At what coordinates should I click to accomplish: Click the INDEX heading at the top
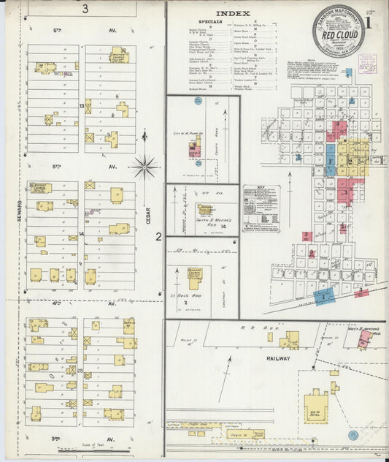pyautogui.click(x=234, y=13)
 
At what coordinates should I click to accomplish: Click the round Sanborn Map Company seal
pyautogui.click(x=338, y=31)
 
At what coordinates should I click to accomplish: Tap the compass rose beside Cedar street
pyautogui.click(x=145, y=167)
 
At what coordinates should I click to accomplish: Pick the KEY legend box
pyautogui.click(x=261, y=208)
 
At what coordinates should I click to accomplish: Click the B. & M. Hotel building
pyautogui.click(x=316, y=407)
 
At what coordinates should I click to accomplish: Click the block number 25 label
pyautogui.click(x=80, y=371)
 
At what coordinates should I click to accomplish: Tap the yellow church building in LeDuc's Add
pyautogui.click(x=195, y=277)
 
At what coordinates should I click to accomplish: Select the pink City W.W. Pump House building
pyautogui.click(x=195, y=150)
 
